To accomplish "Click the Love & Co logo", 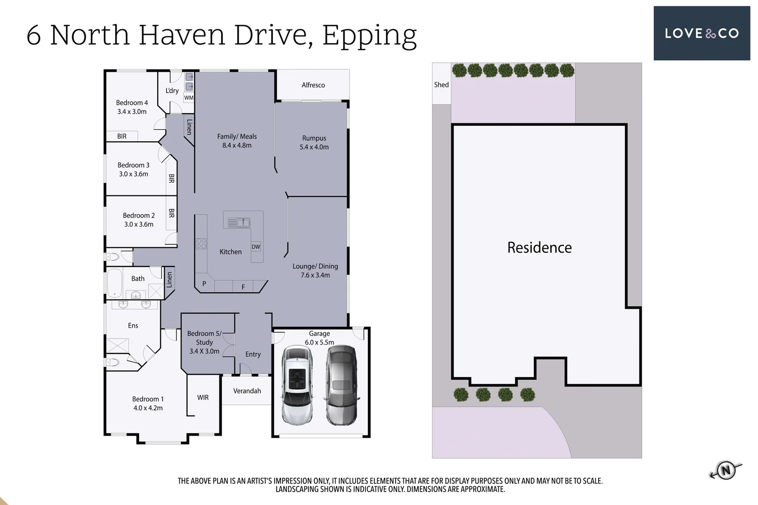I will point(701,33).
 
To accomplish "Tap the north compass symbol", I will point(726,470).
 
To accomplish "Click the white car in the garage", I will point(298,385).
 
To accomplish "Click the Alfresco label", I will point(313,85).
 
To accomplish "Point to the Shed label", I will point(441,85).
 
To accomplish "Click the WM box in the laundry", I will point(189,98).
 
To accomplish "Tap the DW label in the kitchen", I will point(256,247).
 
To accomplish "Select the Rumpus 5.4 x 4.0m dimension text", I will point(314,147).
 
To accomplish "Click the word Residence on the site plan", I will point(539,247).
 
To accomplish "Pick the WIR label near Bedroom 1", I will point(203,397).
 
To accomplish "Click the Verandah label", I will point(247,391).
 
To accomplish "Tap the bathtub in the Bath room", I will point(114,283).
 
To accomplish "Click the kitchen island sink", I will point(239,223).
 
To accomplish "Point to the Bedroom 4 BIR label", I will point(122,137).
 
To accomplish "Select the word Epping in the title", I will point(369,35).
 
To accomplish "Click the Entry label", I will point(253,354).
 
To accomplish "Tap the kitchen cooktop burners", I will point(201,244).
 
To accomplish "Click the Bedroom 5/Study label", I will point(204,338).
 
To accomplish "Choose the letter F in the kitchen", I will point(243,287).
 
